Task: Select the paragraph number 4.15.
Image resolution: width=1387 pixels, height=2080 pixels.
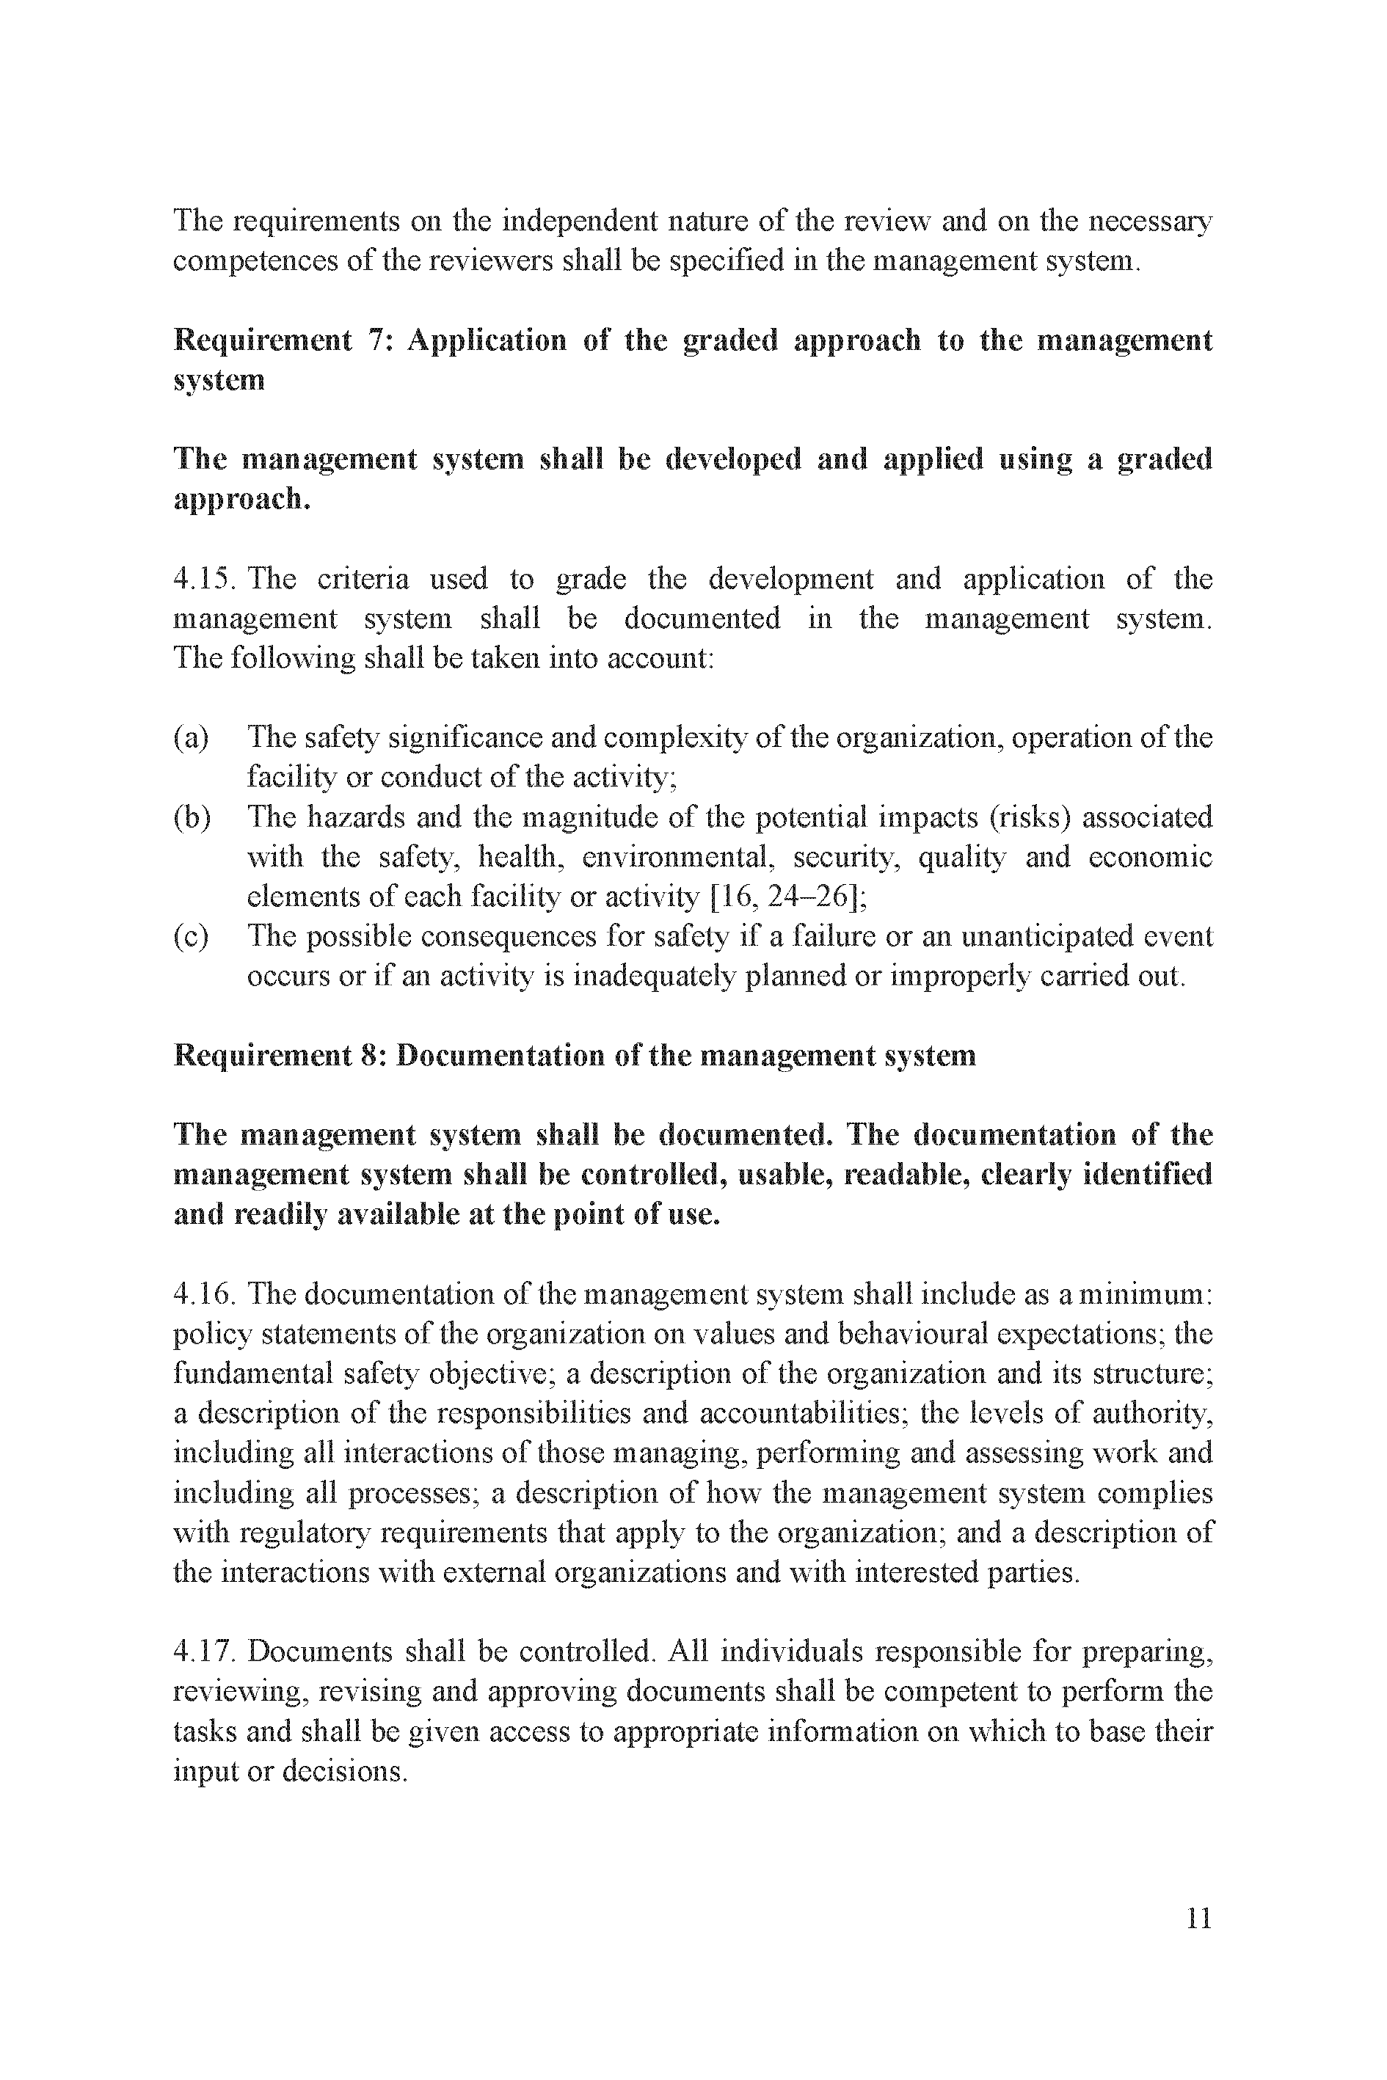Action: point(203,580)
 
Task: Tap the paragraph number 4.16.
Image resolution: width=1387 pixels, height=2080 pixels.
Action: point(203,1295)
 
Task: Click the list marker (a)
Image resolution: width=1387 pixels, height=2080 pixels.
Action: point(191,737)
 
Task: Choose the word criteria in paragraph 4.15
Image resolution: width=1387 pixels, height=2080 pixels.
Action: point(363,580)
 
